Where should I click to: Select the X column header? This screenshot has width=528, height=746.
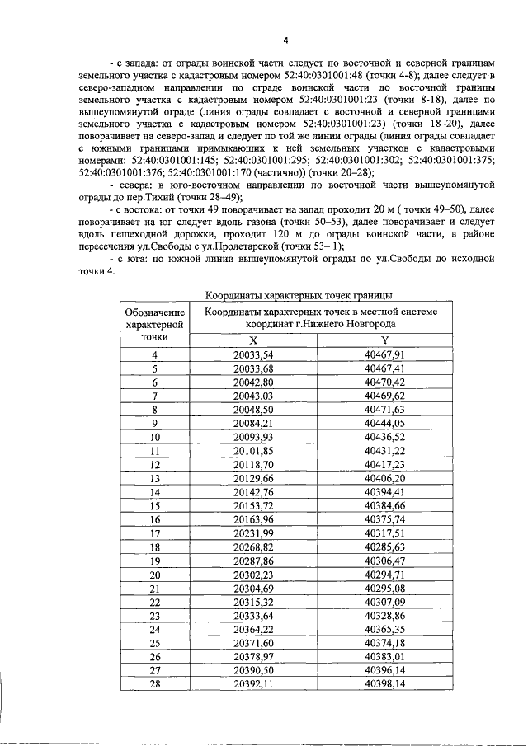click(x=252, y=340)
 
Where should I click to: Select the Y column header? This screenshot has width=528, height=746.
click(x=384, y=340)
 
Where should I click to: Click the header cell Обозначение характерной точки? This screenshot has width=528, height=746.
click(x=153, y=324)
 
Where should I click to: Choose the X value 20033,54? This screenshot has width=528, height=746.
click(x=252, y=354)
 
